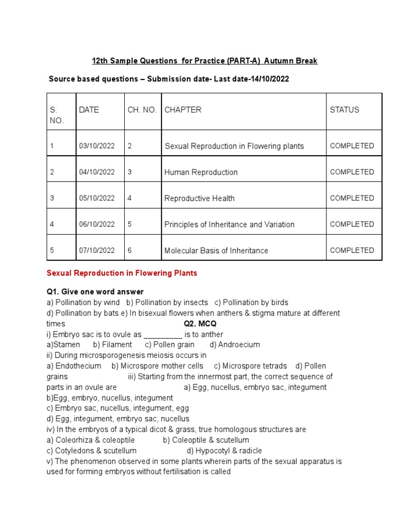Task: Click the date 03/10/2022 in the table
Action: pyautogui.click(x=97, y=146)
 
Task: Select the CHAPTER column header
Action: pyautogui.click(x=183, y=110)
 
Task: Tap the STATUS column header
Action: pyautogui.click(x=344, y=110)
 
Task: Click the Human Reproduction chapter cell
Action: pyautogui.click(x=201, y=172)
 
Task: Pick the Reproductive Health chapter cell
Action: pyautogui.click(x=199, y=199)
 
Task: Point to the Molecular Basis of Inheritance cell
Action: pyautogui.click(x=216, y=251)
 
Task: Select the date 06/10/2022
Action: pyautogui.click(x=97, y=224)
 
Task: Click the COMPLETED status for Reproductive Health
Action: pyautogui.click(x=352, y=198)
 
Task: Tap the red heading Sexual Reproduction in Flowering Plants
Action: pyautogui.click(x=122, y=273)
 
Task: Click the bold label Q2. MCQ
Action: pyautogui.click(x=200, y=324)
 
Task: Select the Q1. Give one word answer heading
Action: pyautogui.click(x=95, y=292)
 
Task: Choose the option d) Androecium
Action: pyautogui.click(x=235, y=344)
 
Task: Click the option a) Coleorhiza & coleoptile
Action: pyautogui.click(x=90, y=440)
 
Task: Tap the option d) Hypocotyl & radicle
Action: pyautogui.click(x=224, y=451)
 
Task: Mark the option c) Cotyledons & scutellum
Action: pyautogui.click(x=91, y=451)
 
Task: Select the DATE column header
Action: pyautogui.click(x=89, y=110)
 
